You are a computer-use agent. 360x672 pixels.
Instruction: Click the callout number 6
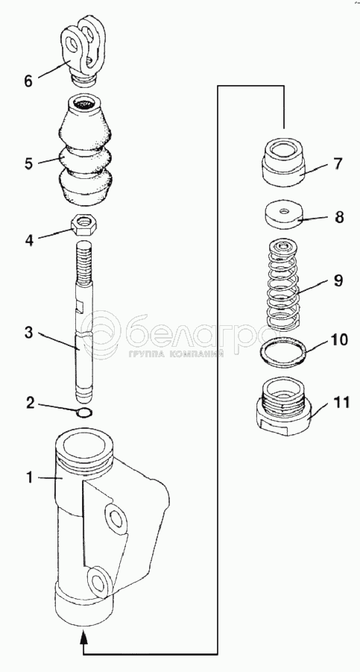tap(28, 81)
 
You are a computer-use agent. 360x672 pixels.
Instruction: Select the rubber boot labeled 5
tap(86, 149)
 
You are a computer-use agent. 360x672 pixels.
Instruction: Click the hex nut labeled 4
tap(85, 224)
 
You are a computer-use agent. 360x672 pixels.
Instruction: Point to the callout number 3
tap(28, 333)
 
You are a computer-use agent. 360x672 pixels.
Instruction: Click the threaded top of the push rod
tap(84, 262)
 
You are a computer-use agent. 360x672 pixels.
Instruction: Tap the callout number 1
tap(30, 477)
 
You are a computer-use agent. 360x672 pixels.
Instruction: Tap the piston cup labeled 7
tap(283, 162)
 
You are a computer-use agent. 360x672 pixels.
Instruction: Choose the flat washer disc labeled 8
tap(283, 215)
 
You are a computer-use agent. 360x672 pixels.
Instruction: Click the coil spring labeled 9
tap(283, 284)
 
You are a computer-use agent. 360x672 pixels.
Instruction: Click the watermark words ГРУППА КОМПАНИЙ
tap(175, 354)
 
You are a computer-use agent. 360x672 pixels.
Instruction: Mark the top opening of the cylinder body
tap(85, 444)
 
